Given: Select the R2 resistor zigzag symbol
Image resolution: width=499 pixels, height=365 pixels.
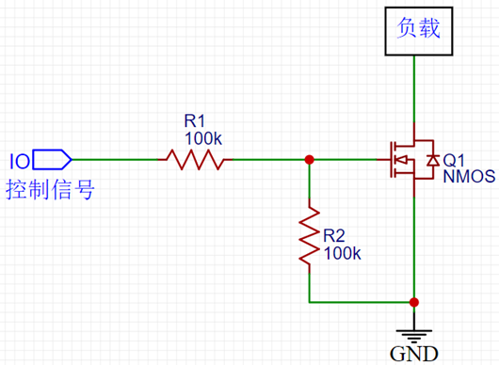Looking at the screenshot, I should click(309, 238).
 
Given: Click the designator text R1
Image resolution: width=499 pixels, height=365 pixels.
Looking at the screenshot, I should click(195, 121).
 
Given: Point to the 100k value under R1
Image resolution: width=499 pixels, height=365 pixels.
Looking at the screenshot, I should click(202, 137).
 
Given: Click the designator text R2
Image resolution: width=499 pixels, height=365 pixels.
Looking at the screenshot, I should click(334, 236).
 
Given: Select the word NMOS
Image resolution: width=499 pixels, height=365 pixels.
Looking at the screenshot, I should click(468, 176).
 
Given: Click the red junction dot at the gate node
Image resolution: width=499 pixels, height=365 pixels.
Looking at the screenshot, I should click(309, 159).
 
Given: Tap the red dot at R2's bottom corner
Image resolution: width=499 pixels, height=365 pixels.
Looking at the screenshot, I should click(309, 302).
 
